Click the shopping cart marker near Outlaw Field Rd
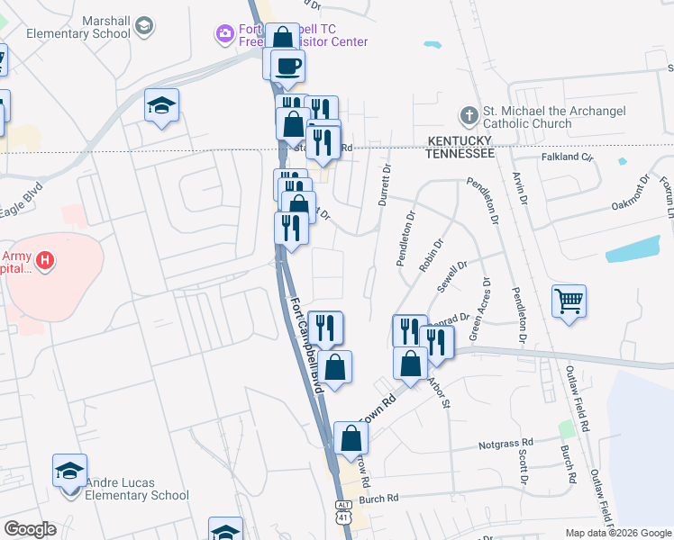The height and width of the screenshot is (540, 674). [569, 301]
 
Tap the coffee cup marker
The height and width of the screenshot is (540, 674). [287, 66]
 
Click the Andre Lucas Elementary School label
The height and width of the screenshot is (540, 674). [137, 487]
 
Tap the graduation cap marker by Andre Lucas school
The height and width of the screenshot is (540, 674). [69, 471]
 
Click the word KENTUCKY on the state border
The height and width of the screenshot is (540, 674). [460, 141]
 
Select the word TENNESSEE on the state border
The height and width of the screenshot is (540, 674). [460, 154]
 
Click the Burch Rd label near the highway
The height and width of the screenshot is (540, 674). [378, 499]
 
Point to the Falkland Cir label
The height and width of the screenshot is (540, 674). [568, 157]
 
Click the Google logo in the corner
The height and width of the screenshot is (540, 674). [30, 529]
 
